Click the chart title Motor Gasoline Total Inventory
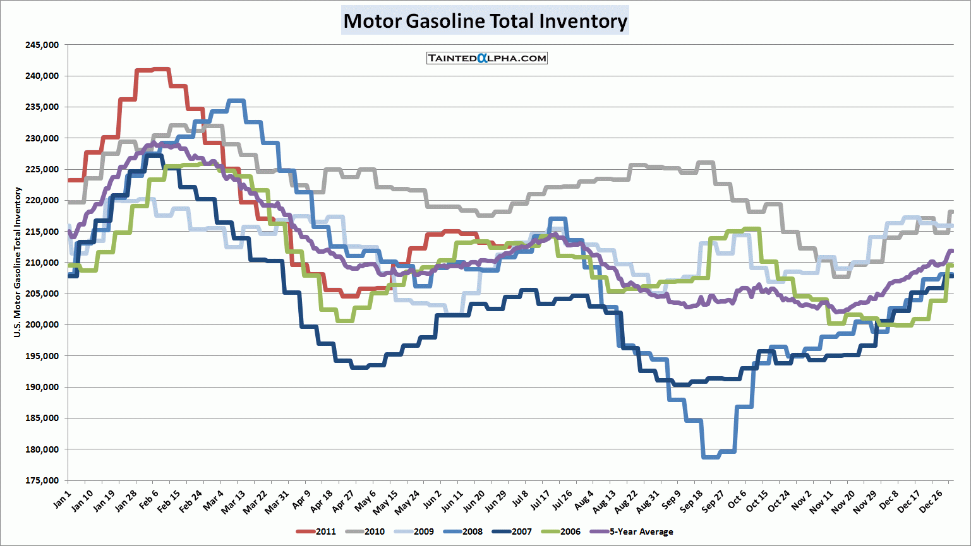point(485,21)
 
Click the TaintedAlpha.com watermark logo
point(486,58)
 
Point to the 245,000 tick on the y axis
point(42,45)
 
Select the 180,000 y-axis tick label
point(42,449)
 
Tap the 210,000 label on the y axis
point(42,263)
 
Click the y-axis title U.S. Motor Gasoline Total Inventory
point(18,262)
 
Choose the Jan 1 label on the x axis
point(61,499)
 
